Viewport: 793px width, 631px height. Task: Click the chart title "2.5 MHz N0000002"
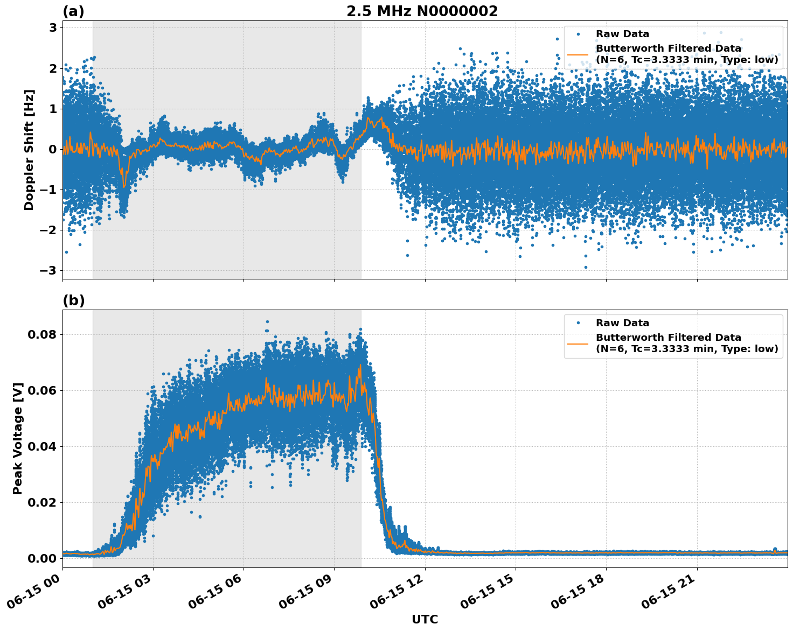click(x=422, y=11)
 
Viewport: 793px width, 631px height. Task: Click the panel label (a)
click(x=73, y=11)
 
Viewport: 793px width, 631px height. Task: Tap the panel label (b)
click(x=73, y=300)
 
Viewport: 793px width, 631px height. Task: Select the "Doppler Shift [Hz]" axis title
click(x=29, y=150)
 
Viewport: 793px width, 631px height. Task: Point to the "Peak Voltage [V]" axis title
click(x=18, y=438)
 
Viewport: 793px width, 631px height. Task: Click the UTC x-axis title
click(x=425, y=619)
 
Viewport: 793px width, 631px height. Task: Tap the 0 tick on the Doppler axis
click(x=53, y=149)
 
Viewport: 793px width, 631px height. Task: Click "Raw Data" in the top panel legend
click(x=622, y=34)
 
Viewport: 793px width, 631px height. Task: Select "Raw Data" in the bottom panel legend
click(x=622, y=323)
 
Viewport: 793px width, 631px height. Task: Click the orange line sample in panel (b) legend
click(x=578, y=343)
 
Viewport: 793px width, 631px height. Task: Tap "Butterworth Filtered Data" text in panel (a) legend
click(x=668, y=49)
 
